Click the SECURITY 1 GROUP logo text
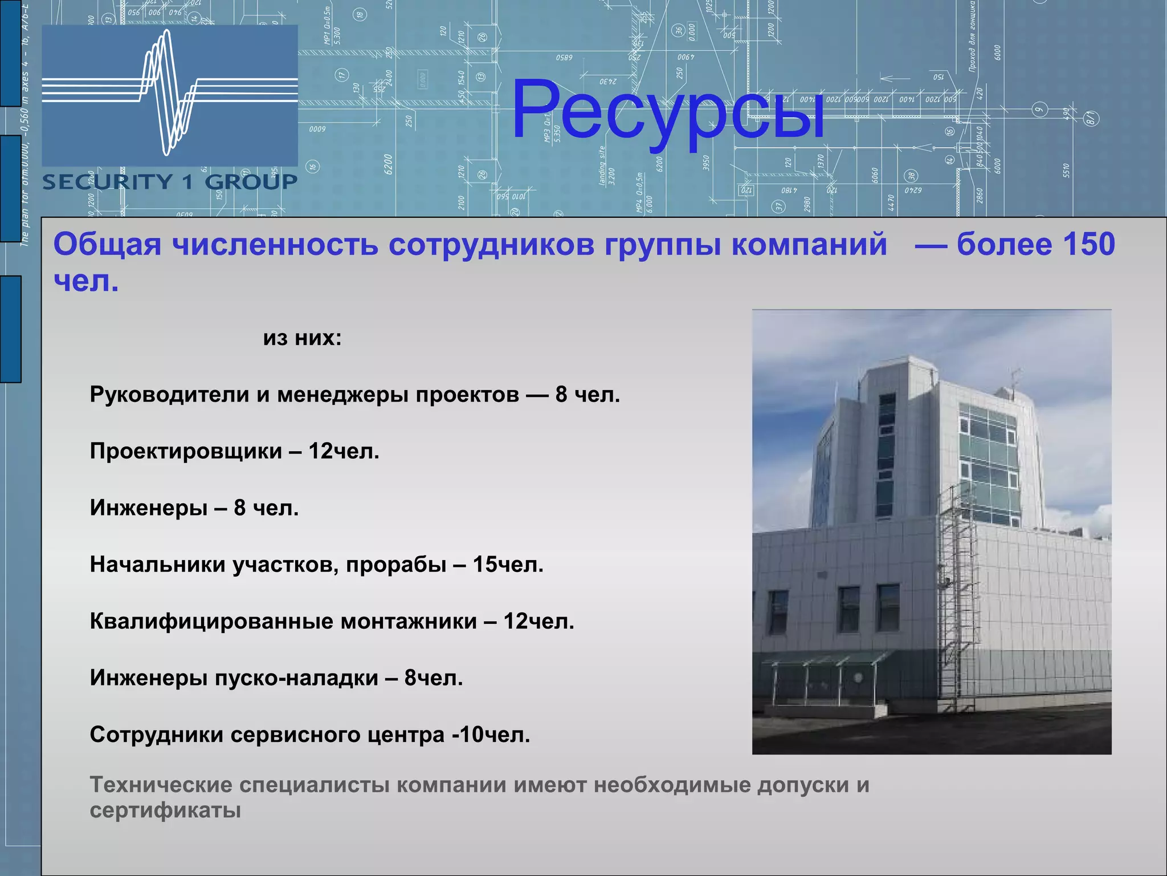(170, 182)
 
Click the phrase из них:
(302, 338)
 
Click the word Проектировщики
(186, 451)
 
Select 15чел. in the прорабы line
(508, 565)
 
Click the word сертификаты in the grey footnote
(165, 810)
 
